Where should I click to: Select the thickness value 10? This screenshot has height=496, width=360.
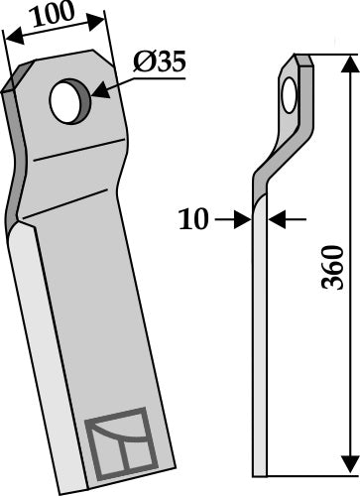point(196,219)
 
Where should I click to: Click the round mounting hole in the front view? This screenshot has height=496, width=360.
point(69,103)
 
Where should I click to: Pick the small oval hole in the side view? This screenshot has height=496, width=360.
point(289,98)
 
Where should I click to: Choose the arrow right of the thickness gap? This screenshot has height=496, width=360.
point(277,219)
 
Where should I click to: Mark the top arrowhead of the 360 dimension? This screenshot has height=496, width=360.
point(347,64)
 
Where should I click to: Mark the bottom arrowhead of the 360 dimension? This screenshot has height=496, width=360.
point(347,466)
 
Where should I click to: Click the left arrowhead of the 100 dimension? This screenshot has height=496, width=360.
point(10,39)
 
